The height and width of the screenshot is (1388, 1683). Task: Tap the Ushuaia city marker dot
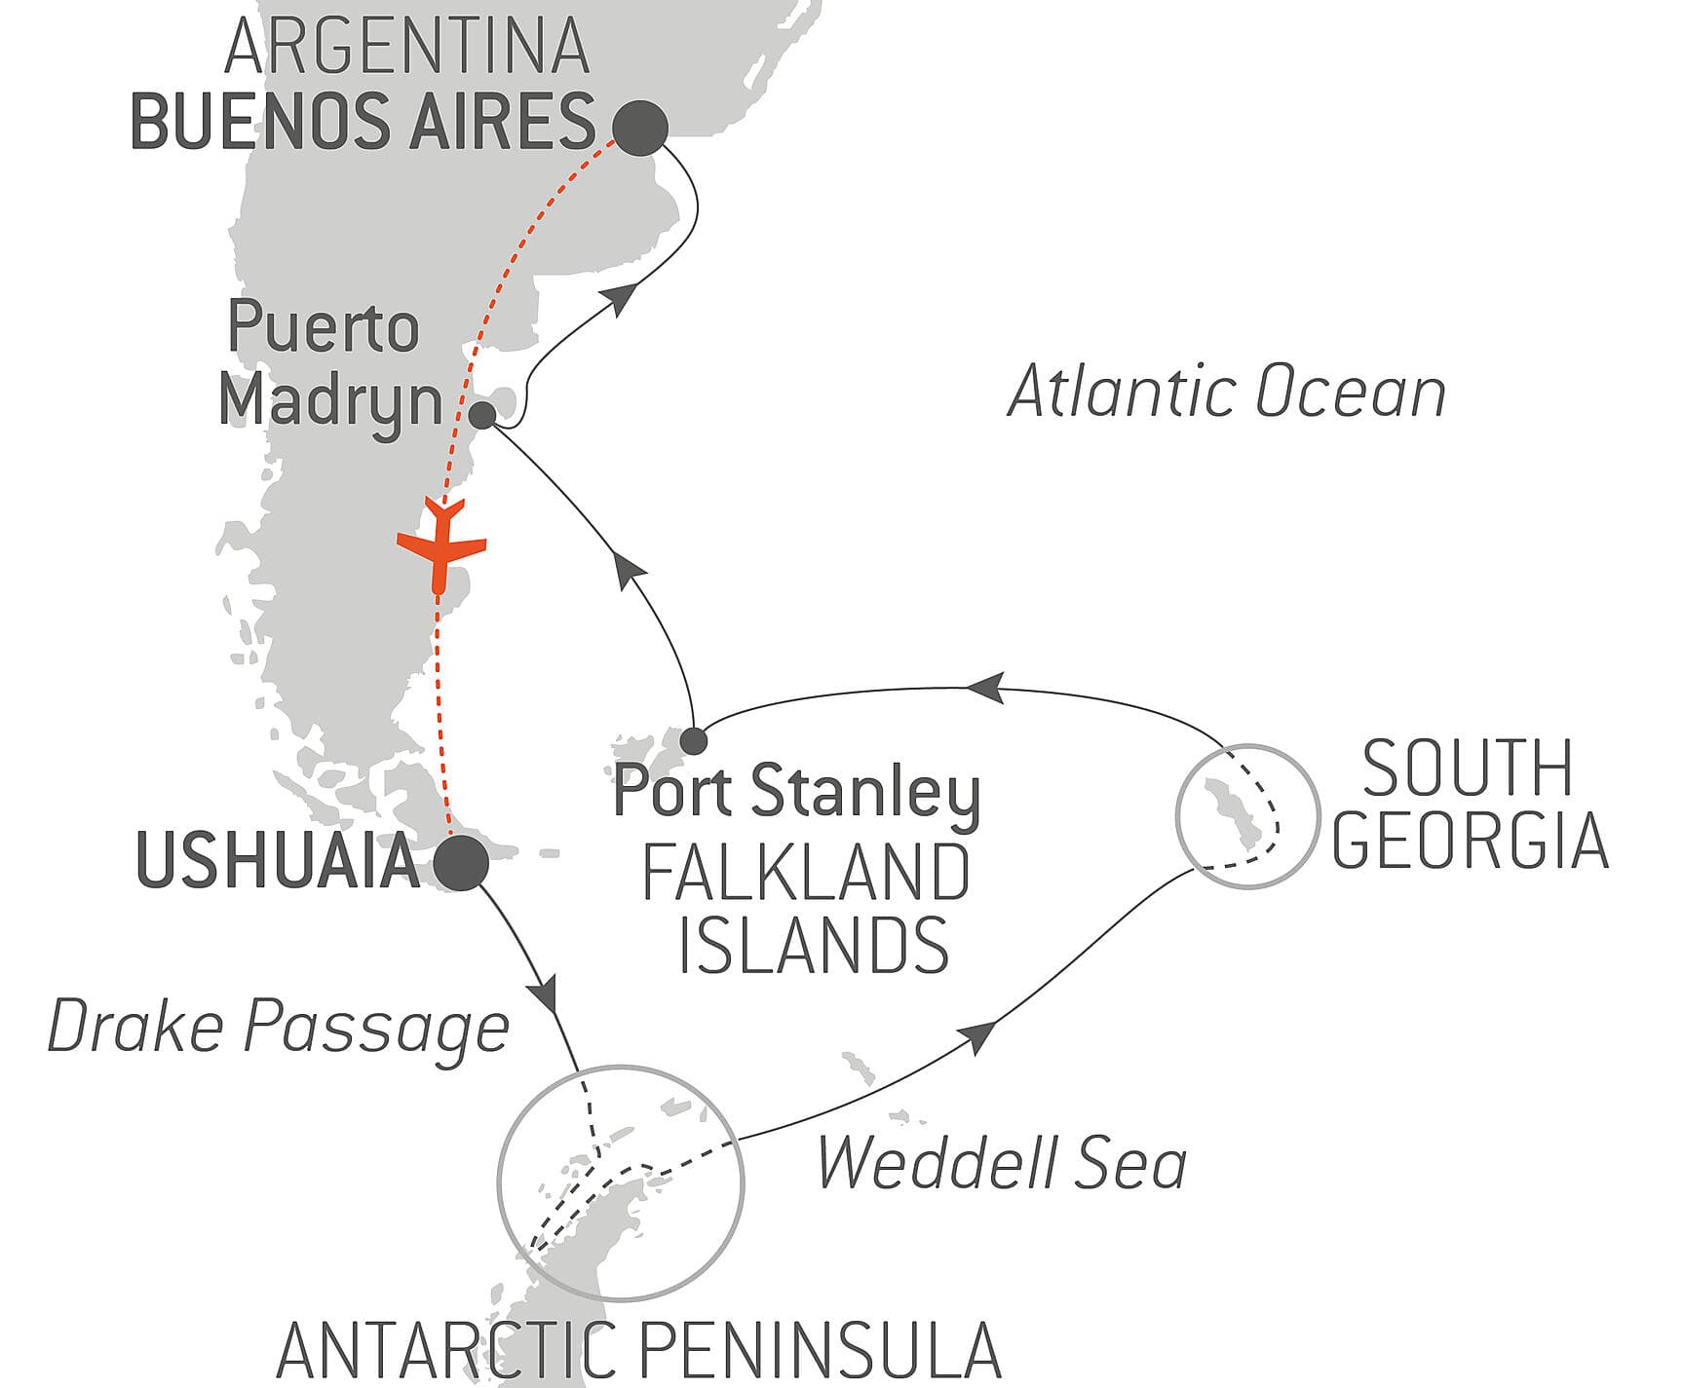tap(460, 862)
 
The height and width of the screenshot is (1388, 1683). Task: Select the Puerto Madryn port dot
tap(482, 416)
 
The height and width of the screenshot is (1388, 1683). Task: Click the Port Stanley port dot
tap(693, 741)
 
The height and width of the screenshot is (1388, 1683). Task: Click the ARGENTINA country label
tap(407, 46)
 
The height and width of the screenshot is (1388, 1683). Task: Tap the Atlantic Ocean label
tap(1226, 394)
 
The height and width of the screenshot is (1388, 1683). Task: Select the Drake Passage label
tap(279, 1029)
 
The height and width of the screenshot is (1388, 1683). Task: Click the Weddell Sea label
tap(1002, 1163)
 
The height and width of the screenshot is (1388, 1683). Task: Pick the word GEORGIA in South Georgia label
tap(1470, 840)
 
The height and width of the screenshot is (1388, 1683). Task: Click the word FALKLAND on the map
tap(806, 874)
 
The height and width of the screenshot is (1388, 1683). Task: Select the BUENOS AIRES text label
tap(363, 123)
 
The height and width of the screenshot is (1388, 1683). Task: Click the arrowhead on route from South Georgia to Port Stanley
tap(984, 688)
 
